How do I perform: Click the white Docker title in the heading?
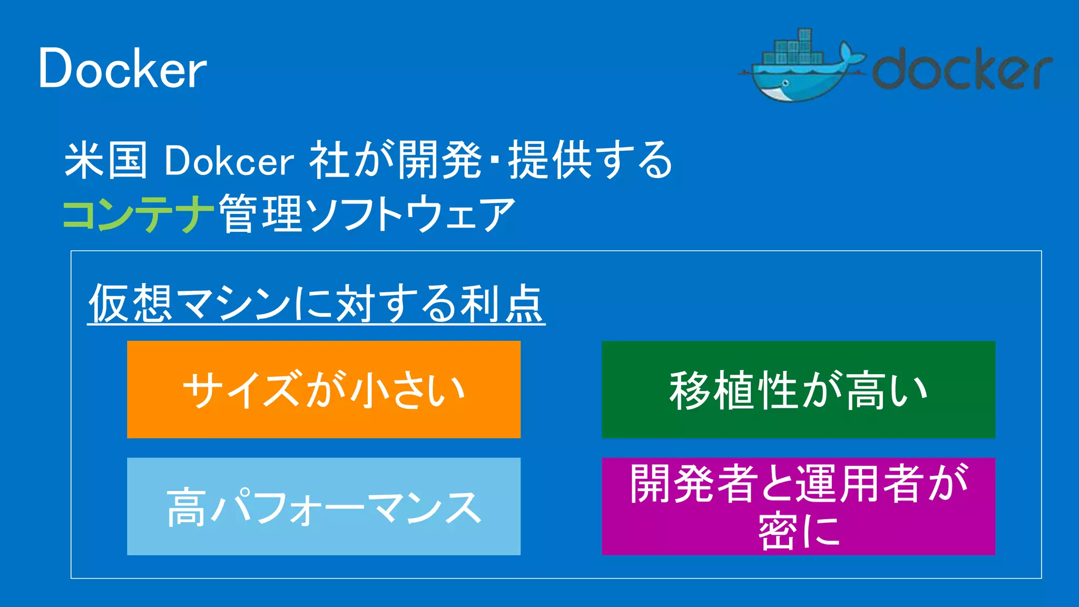point(122,68)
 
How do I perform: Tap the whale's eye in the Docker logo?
point(786,83)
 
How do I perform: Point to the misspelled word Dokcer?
point(229,161)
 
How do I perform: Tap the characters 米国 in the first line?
point(105,160)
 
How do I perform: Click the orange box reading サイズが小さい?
point(323,389)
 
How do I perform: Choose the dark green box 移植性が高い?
point(798,389)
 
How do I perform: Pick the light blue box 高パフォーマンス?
point(323,506)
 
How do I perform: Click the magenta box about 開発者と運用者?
point(798,506)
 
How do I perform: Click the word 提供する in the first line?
point(590,160)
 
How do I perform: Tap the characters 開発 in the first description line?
point(440,160)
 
